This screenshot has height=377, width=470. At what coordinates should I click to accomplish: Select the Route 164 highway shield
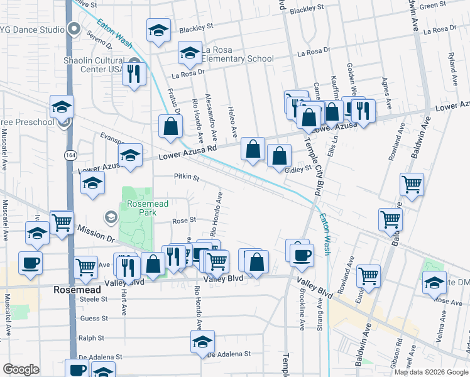(68, 154)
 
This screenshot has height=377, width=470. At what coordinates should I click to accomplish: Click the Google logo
(21, 369)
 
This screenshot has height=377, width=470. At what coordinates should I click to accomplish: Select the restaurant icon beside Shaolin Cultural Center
(133, 74)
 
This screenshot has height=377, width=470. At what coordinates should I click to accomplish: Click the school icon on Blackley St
(159, 30)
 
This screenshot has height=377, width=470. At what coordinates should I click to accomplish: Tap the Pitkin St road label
(187, 178)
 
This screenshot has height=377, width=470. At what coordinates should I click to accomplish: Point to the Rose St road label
(185, 221)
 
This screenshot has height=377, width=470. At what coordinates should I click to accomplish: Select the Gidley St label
(299, 170)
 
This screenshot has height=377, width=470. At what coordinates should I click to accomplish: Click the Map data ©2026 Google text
(431, 372)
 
